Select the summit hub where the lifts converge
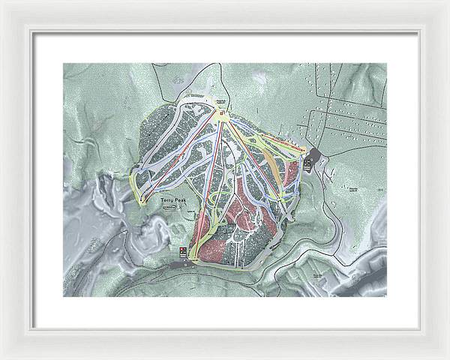pos(223,115)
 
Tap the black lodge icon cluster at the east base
pos(307,161)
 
